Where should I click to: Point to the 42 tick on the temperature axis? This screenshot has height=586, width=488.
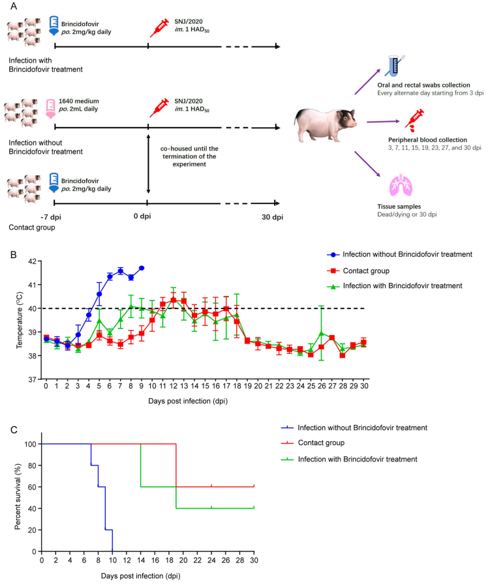[x=32, y=261]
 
